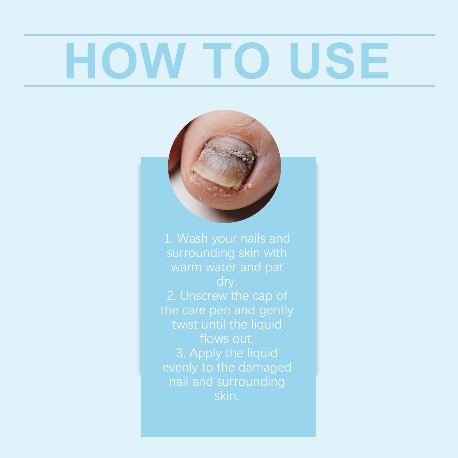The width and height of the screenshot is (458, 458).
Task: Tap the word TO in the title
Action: pos(236,61)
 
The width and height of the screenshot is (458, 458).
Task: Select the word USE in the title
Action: pos(339,61)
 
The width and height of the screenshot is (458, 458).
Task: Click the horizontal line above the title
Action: pos(230,35)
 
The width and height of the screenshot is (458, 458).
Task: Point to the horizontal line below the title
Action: pos(230,86)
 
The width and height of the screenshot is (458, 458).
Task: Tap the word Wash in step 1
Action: pos(192,238)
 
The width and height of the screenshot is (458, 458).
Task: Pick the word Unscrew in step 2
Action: pos(204,296)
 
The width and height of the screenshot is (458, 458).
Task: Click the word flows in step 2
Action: pos(214,339)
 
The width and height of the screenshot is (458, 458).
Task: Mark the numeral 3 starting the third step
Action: pos(180,353)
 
